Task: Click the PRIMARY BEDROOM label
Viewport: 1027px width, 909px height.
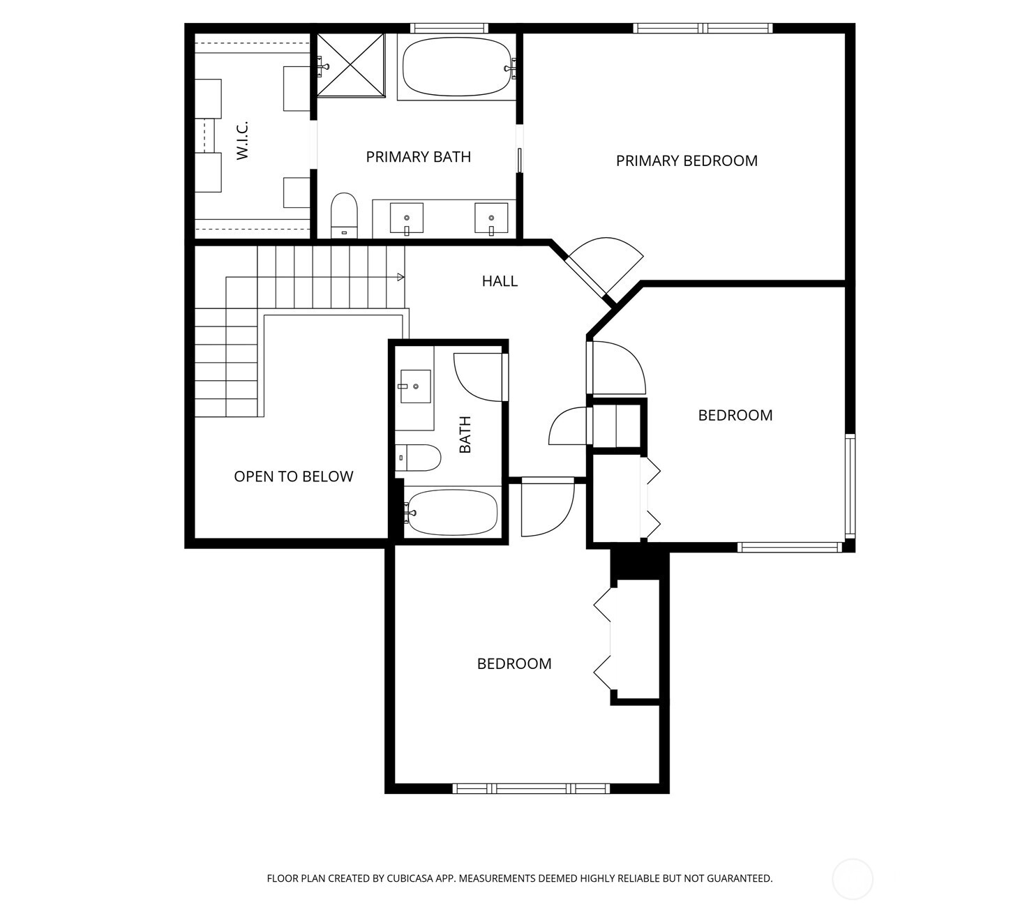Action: (x=687, y=161)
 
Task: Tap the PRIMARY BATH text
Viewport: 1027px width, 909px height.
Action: (x=418, y=157)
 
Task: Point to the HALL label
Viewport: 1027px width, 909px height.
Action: (x=500, y=281)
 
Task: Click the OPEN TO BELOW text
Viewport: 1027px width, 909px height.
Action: (x=293, y=476)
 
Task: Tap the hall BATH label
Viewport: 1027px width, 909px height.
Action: (x=465, y=435)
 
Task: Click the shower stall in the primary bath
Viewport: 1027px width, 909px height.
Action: (x=351, y=65)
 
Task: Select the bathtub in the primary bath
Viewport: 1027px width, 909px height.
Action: (x=457, y=66)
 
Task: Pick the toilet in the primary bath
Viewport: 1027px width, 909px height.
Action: (x=344, y=213)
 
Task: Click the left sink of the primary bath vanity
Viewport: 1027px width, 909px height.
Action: (x=406, y=218)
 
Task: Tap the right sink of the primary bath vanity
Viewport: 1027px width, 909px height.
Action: (x=491, y=218)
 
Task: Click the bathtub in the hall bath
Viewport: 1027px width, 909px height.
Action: (x=451, y=513)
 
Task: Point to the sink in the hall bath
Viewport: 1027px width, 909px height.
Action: (x=414, y=386)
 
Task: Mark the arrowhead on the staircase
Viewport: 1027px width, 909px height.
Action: (x=400, y=278)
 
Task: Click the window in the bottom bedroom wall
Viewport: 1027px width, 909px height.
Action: (x=531, y=788)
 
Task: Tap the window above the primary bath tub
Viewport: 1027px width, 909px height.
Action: (x=449, y=28)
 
